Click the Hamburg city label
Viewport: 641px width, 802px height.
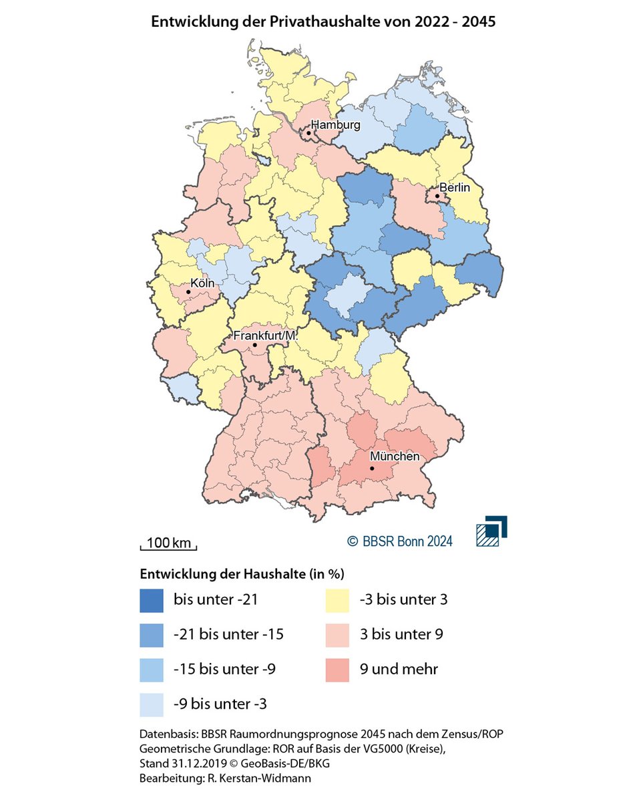[335, 125]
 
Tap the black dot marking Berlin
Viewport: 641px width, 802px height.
[437, 196]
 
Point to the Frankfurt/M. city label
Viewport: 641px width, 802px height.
[264, 336]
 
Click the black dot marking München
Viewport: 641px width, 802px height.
[372, 469]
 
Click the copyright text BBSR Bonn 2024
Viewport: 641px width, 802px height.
[399, 541]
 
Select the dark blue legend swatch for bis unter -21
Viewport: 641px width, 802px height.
[152, 599]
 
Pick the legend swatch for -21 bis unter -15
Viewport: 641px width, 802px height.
[152, 634]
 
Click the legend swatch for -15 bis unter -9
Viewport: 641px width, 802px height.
[152, 669]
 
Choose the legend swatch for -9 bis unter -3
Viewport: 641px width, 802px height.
[152, 704]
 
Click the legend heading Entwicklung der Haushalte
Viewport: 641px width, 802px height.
[241, 574]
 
